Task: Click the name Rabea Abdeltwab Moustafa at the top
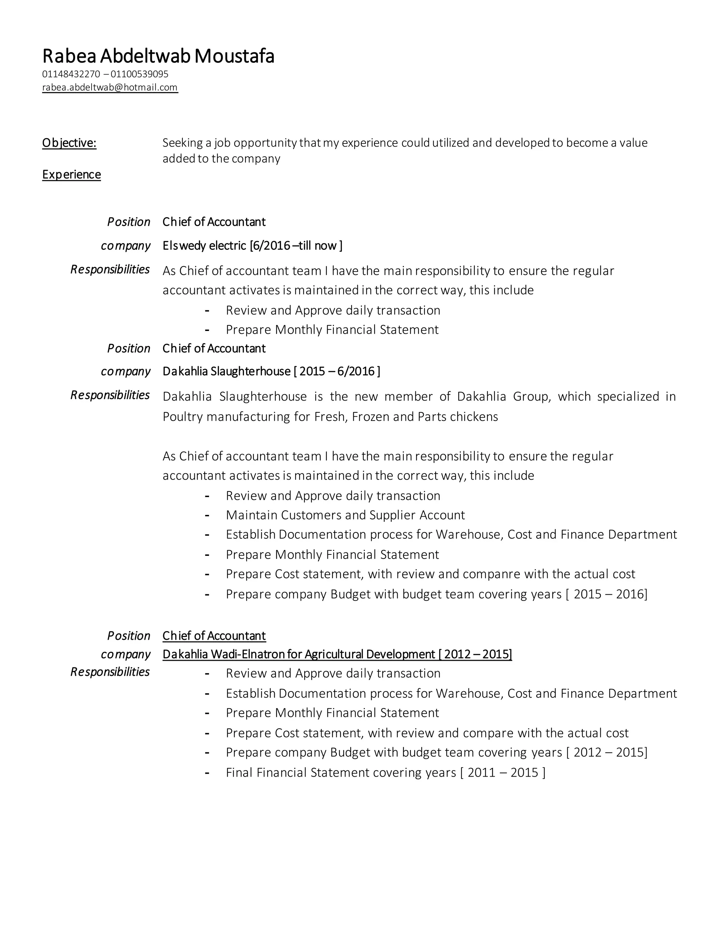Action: click(158, 56)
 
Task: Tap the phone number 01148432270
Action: click(71, 74)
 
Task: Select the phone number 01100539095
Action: click(139, 74)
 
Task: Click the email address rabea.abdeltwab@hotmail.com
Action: click(110, 87)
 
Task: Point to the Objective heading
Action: click(69, 143)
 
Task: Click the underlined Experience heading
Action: click(71, 175)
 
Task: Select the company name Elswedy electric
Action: click(204, 246)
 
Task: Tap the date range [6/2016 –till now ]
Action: click(296, 246)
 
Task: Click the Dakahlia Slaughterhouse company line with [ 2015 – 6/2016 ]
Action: click(271, 371)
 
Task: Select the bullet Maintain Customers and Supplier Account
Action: click(345, 515)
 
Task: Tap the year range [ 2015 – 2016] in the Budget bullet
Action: click(607, 594)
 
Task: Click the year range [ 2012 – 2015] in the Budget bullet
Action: click(607, 752)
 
